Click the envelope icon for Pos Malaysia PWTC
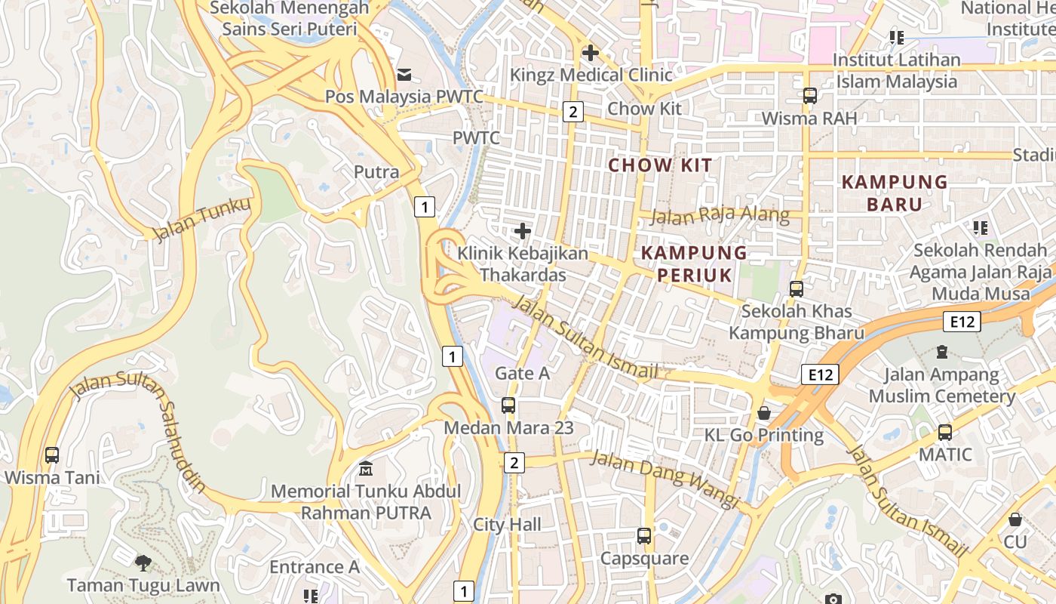point(404,74)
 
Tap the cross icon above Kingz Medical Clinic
point(591,53)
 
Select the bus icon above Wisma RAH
point(810,96)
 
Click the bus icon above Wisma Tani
point(51,455)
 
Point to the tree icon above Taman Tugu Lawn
point(143,562)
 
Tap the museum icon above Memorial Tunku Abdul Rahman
point(366,469)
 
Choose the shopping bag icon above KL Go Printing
point(764,413)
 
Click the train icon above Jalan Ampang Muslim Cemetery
point(941,352)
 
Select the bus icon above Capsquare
point(644,536)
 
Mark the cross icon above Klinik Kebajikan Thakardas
point(522,231)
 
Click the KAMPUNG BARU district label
point(895,193)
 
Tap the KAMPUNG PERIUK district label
point(694,263)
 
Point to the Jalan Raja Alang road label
point(720,217)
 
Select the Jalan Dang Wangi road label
point(664,478)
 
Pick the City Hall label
point(508,525)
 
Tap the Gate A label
point(522,373)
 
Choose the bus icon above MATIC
point(945,433)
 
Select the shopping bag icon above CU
point(1015,520)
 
